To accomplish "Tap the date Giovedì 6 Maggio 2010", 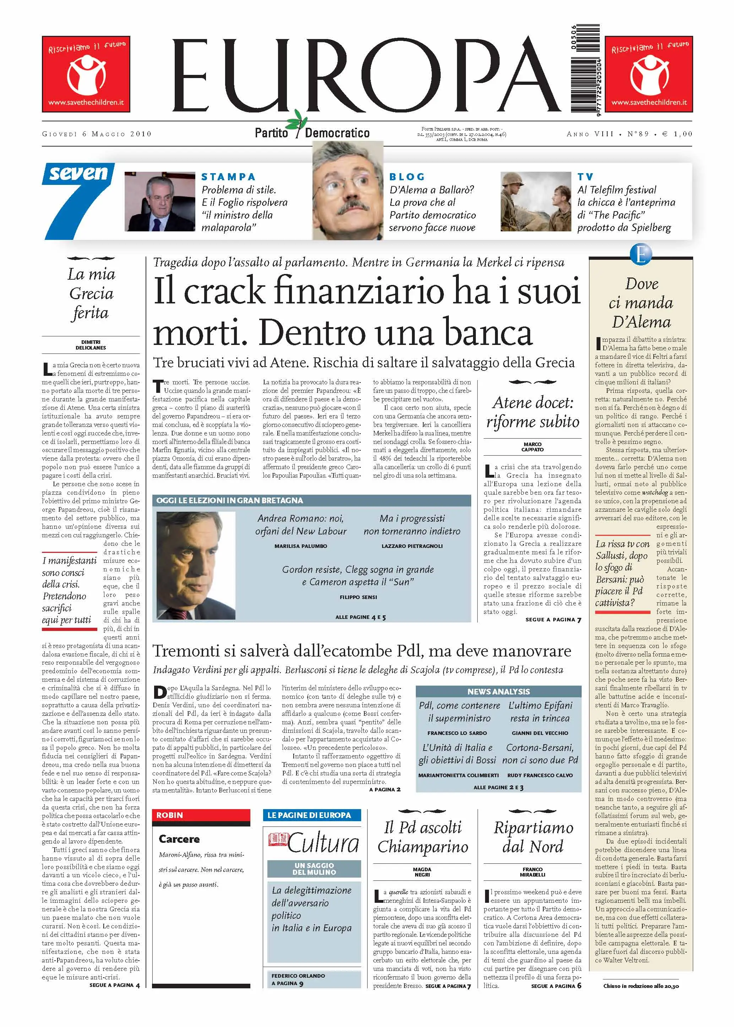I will click(x=97, y=134).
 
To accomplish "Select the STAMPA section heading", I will click(x=229, y=177).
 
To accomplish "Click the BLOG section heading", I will click(x=407, y=177).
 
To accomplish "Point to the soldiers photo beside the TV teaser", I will click(x=535, y=202).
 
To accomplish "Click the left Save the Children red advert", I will click(x=86, y=74).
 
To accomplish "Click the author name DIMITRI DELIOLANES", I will click(x=91, y=345).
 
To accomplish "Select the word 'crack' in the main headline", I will click(x=224, y=292).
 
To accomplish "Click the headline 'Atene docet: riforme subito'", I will click(x=532, y=412).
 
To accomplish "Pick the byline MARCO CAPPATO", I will click(x=532, y=447).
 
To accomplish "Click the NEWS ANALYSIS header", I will click(x=498, y=691).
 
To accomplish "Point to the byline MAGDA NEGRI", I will click(x=422, y=872).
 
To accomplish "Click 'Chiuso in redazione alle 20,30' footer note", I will click(x=641, y=986).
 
